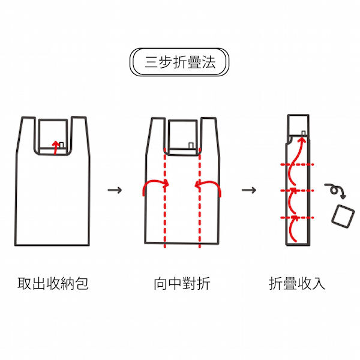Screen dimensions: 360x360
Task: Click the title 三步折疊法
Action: tap(180, 62)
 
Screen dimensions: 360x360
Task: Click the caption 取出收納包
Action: tap(53, 284)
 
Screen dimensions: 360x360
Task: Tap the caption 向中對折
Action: tap(182, 284)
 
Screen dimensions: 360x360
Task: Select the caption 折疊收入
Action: tap(297, 284)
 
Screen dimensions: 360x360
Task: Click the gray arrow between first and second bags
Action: tap(115, 190)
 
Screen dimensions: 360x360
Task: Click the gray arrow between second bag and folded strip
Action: tap(248, 190)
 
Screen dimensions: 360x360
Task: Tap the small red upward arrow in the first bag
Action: tap(55, 148)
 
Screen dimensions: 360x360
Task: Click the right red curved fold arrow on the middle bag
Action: tap(208, 183)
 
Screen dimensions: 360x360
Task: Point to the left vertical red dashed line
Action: tap(165, 198)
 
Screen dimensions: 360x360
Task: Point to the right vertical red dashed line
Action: tap(200, 198)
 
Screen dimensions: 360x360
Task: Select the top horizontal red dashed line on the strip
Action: tap(297, 164)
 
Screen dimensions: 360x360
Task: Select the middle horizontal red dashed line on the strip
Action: tap(297, 190)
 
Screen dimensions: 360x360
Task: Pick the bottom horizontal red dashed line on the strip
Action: tap(297, 217)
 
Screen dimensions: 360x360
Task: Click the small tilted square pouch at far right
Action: tap(343, 216)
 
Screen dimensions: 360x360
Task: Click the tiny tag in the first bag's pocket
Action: tap(61, 145)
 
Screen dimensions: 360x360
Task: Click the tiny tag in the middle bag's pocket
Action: tap(191, 146)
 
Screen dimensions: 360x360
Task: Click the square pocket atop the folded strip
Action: tap(298, 125)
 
